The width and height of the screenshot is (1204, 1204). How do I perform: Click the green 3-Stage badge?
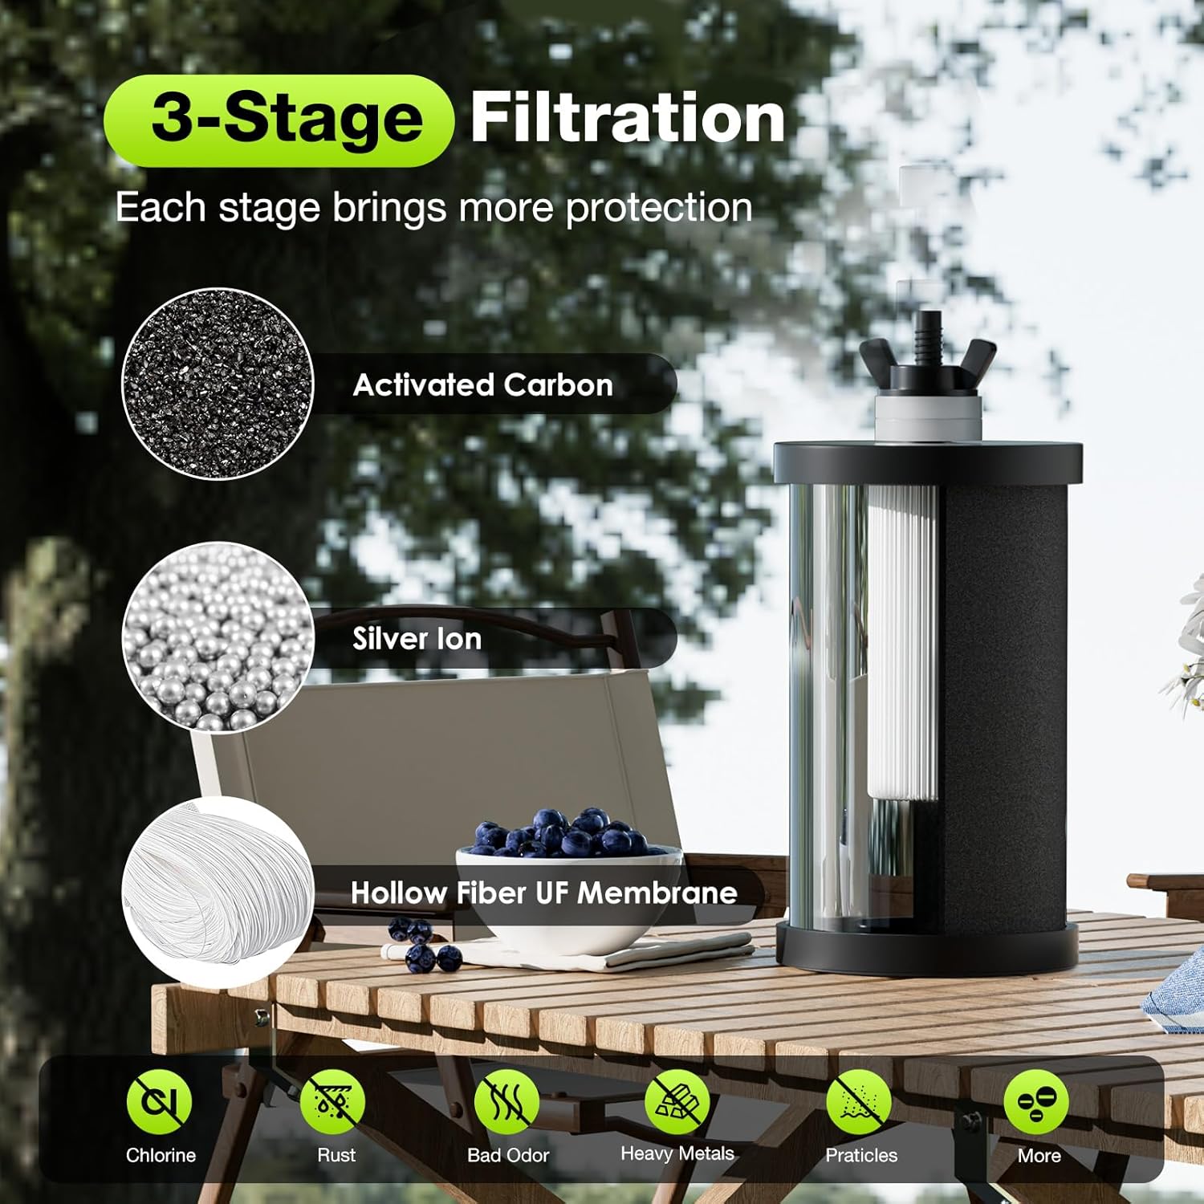click(279, 120)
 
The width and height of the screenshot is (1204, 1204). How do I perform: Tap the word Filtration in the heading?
click(627, 118)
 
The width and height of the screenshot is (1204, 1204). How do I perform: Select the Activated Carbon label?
click(482, 385)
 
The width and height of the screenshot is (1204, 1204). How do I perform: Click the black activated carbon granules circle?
click(218, 384)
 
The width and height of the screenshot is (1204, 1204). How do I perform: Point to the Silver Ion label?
click(417, 639)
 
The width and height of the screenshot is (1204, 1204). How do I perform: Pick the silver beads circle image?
click(218, 637)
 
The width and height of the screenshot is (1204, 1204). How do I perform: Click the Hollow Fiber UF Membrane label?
click(543, 893)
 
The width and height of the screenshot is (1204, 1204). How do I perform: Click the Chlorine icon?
click(159, 1102)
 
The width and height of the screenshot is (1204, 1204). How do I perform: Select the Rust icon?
click(332, 1102)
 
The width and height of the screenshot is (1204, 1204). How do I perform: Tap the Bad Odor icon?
click(506, 1102)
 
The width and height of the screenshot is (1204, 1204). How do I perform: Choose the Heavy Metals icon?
click(677, 1102)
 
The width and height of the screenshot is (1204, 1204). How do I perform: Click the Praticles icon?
click(859, 1102)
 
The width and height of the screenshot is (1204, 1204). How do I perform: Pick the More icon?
click(1036, 1102)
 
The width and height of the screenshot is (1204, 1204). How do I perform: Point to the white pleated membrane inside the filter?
click(902, 642)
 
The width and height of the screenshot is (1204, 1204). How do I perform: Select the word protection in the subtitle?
click(659, 209)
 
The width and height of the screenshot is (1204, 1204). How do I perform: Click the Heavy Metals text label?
click(677, 1154)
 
